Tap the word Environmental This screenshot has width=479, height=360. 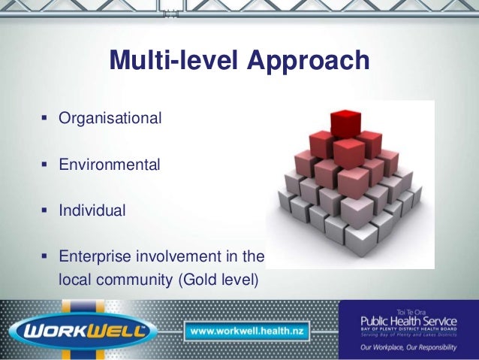click(110, 165)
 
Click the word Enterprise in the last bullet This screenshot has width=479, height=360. click(93, 258)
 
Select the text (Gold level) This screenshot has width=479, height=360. click(218, 280)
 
